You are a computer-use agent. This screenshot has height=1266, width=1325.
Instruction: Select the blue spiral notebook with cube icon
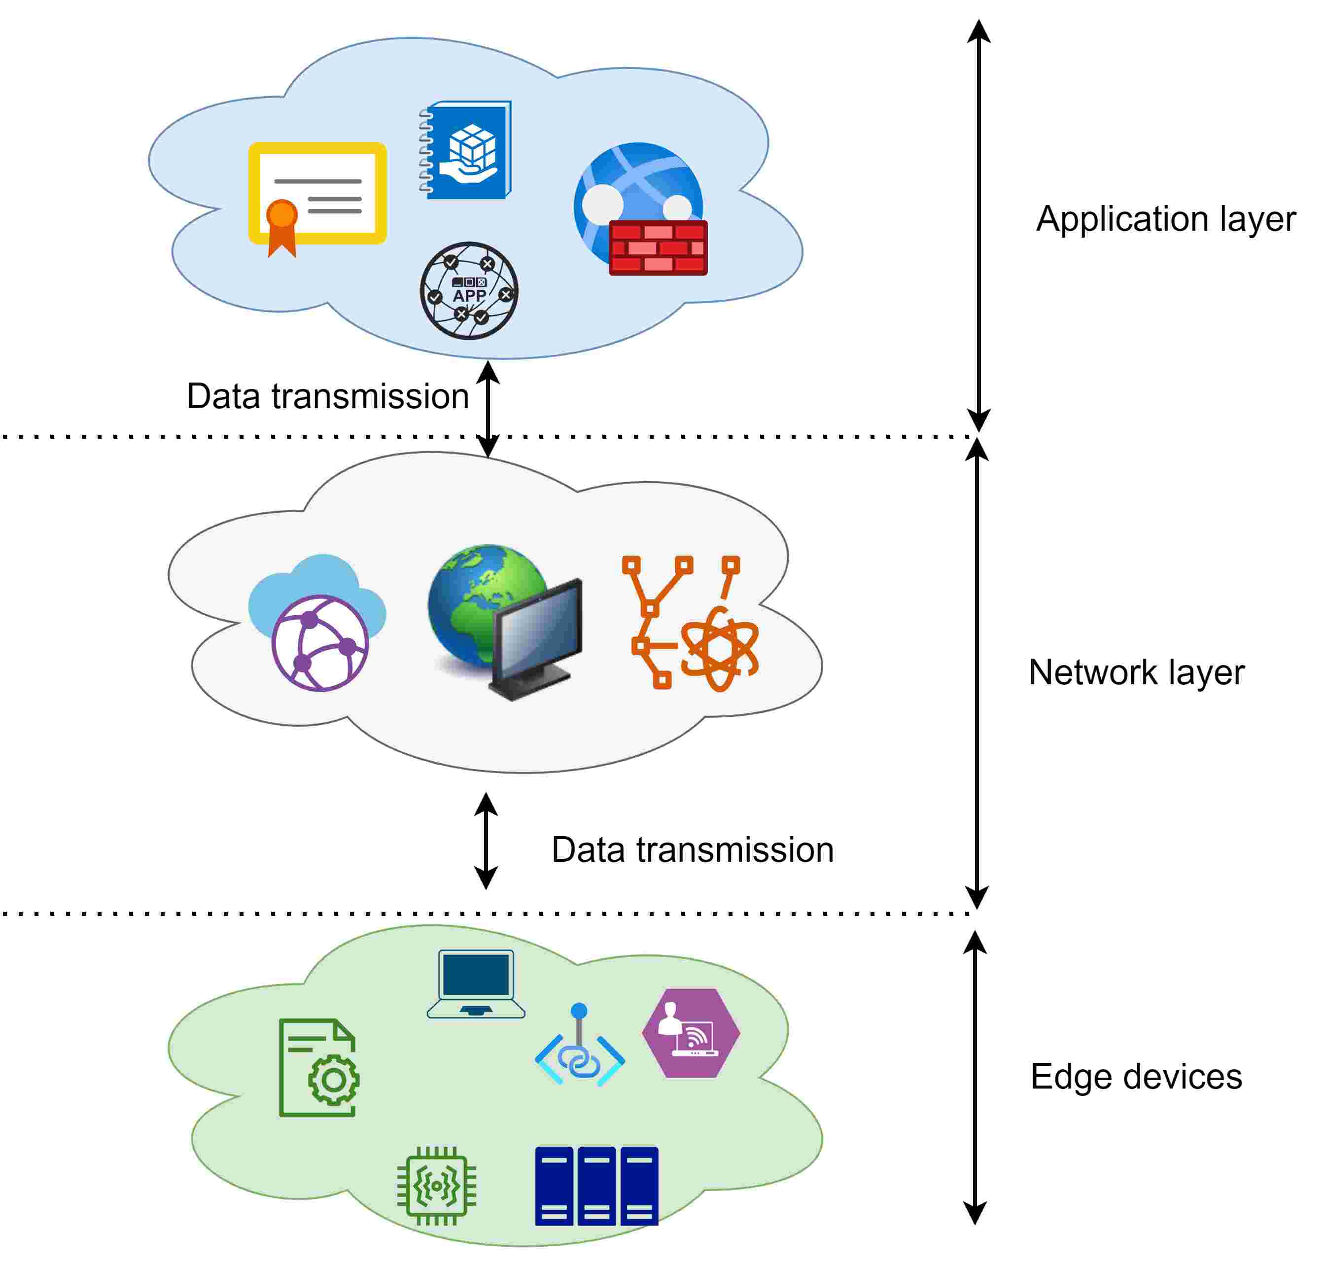[x=467, y=150]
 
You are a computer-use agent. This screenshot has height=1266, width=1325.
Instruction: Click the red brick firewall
[x=658, y=247]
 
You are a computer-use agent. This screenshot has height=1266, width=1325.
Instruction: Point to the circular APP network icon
[x=469, y=290]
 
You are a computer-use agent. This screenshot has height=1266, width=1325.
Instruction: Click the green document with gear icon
[x=318, y=1068]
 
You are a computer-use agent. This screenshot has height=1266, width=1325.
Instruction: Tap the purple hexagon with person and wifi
[x=691, y=1033]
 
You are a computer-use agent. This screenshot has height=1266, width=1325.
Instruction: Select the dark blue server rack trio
[x=596, y=1186]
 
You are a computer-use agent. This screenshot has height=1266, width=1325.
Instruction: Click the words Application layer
[x=1165, y=219]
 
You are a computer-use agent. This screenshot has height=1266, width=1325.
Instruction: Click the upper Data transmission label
[x=328, y=396]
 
